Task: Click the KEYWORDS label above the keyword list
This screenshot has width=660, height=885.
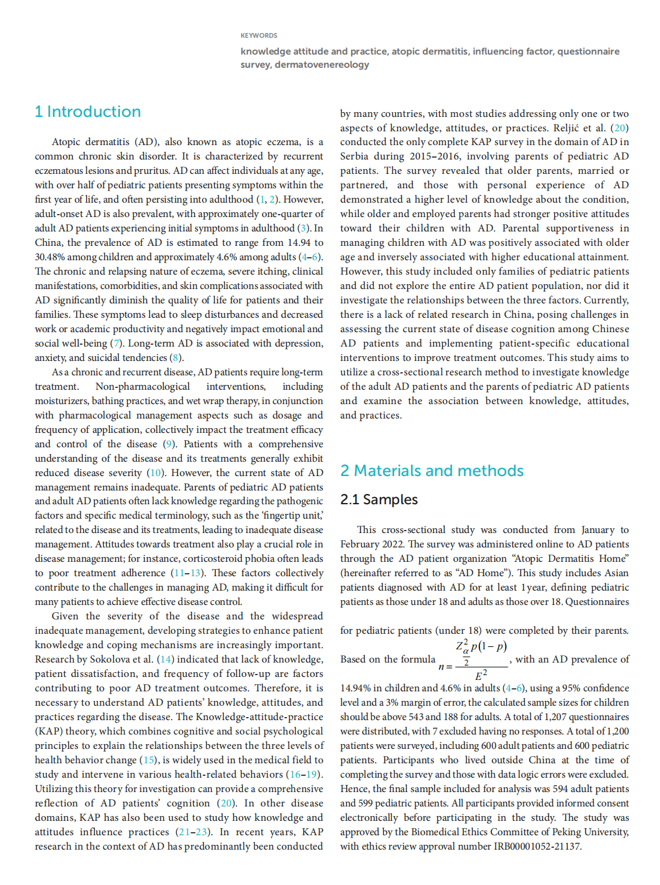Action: [x=259, y=35]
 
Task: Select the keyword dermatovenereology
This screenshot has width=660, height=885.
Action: [x=322, y=65]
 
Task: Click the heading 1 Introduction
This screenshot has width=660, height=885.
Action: [x=88, y=112]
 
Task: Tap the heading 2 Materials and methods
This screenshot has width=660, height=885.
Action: [x=431, y=471]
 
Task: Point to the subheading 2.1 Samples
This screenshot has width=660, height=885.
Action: [x=379, y=499]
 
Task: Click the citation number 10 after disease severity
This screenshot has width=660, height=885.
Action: [x=155, y=473]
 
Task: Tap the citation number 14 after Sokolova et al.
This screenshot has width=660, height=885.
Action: [x=166, y=660]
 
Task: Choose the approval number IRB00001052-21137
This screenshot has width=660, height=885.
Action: [x=537, y=847]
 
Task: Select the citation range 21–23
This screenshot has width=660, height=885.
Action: [x=193, y=832]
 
